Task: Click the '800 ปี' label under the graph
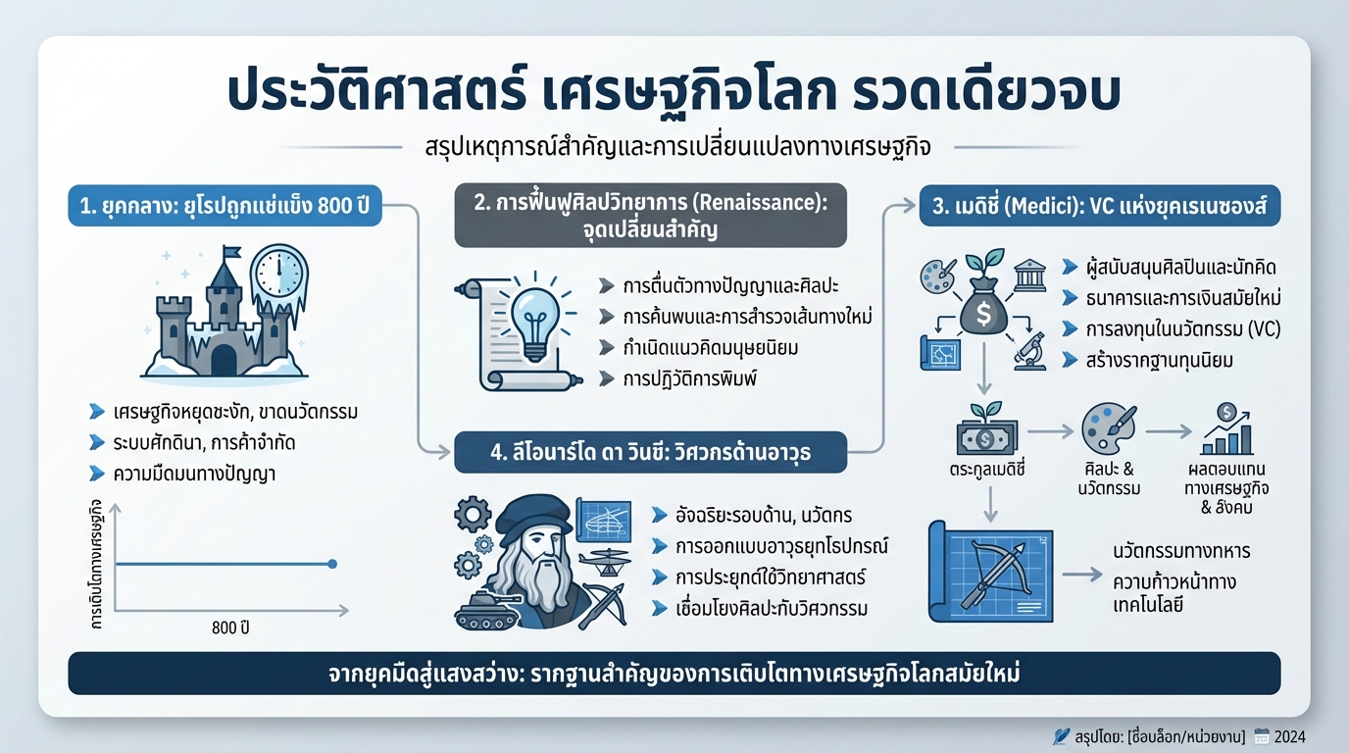(230, 628)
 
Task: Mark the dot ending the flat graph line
(331, 564)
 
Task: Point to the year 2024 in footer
(1289, 736)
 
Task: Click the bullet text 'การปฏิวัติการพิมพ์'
(684, 378)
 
